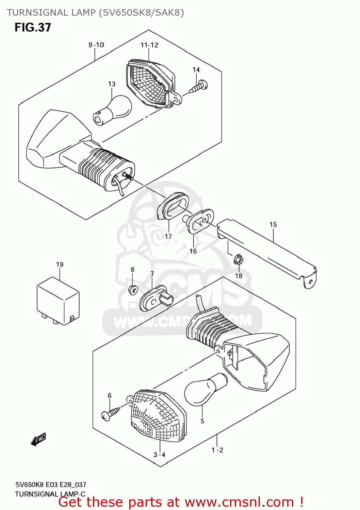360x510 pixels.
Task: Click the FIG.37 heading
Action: tap(33, 28)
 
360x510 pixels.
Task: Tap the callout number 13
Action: tap(112, 84)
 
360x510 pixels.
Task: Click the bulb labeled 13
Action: tap(112, 110)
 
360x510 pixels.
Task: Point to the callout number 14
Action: tap(196, 70)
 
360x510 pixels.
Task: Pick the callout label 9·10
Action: tap(96, 45)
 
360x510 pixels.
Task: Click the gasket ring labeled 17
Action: tap(173, 206)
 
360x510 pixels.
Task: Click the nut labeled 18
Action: tap(239, 260)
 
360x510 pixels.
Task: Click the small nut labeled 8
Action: tap(133, 290)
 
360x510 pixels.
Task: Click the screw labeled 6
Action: tap(111, 413)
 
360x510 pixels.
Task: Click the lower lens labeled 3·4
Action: tap(158, 417)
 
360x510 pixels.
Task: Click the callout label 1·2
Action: tap(217, 450)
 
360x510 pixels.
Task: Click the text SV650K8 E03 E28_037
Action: tap(51, 485)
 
